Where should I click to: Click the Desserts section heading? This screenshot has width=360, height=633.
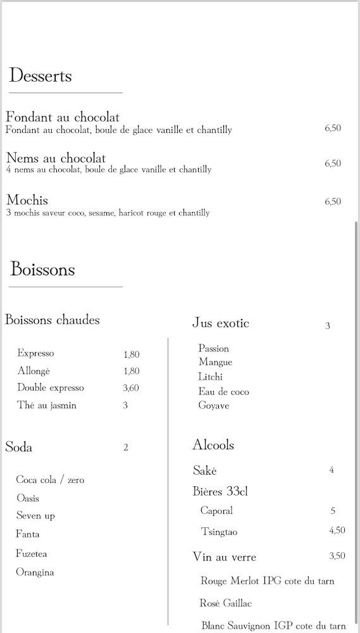40,77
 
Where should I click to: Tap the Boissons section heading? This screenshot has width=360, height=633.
42,270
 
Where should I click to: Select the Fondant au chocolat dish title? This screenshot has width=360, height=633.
63,117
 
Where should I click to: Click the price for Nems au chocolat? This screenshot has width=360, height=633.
333,163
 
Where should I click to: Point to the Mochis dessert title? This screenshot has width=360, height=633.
27,201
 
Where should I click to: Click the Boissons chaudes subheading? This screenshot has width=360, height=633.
53,320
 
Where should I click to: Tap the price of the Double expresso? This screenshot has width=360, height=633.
131,388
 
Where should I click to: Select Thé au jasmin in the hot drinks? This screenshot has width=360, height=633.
47,405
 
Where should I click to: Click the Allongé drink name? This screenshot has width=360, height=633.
34,371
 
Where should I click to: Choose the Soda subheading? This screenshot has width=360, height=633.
19,448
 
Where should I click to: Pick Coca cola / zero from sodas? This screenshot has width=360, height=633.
50,480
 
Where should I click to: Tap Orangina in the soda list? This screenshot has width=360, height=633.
35,572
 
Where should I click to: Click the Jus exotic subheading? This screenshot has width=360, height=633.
221,323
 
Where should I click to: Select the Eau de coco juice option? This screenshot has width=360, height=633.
223,392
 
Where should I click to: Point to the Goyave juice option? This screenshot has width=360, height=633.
214,406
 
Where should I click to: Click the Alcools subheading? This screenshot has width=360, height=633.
213,445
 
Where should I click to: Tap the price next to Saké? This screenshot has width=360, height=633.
332,470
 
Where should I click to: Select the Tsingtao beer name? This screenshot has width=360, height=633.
220,532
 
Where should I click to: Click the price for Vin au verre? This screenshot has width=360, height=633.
337,556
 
